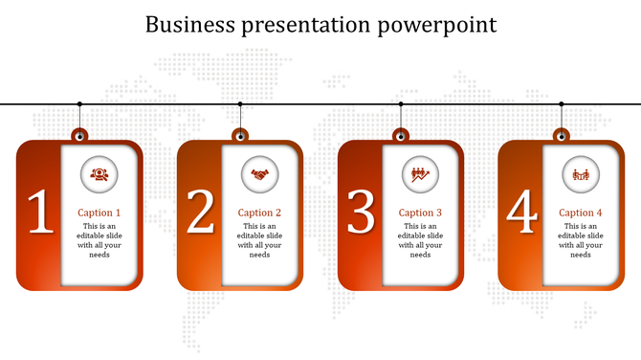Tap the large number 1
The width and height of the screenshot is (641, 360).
(39, 213)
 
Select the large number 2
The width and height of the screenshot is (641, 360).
(200, 213)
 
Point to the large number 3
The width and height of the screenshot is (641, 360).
(361, 213)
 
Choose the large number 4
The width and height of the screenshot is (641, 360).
(521, 213)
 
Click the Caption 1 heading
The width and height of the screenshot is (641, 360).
(99, 213)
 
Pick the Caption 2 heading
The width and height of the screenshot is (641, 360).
(260, 213)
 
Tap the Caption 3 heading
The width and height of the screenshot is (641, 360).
(421, 213)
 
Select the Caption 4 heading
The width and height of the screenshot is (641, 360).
(581, 213)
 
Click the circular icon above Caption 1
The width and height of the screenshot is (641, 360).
(99, 173)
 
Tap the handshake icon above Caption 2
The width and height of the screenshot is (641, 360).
(259, 173)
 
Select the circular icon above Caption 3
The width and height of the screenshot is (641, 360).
(420, 173)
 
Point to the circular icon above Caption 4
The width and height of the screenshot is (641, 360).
(581, 173)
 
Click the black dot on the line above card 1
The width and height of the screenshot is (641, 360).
(79, 103)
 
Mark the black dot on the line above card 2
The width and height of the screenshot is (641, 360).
(240, 103)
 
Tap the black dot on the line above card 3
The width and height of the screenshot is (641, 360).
(401, 103)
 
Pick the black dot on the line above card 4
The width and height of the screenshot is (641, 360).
(562, 103)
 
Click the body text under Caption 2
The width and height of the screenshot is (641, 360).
(260, 240)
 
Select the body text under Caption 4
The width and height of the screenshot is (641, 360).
(581, 240)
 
